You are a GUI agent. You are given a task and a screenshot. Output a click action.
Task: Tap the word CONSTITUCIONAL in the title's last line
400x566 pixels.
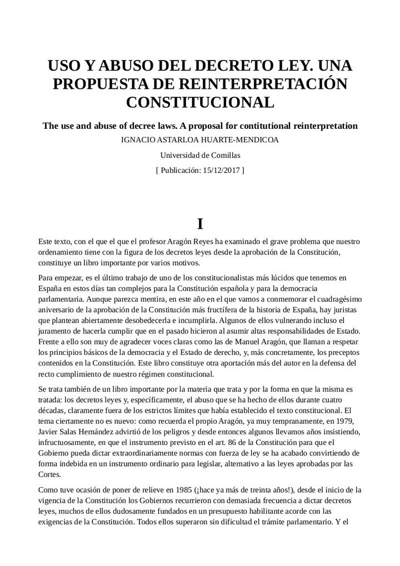(200, 103)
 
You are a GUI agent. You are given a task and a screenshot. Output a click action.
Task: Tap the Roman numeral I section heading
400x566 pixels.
(200, 224)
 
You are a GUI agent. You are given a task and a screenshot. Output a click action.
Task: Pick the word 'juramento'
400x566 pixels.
(56, 331)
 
